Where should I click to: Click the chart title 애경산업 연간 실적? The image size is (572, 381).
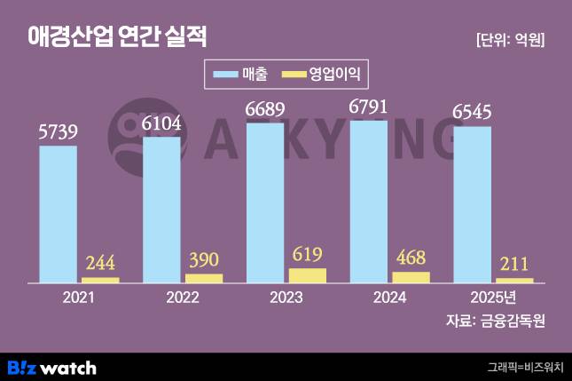coord(117,37)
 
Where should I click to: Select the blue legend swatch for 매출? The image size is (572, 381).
coord(223,73)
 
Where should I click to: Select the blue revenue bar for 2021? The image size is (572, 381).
coord(58,213)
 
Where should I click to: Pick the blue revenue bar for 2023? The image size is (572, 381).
coord(265,202)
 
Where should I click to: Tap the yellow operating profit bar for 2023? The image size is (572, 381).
coord(308,275)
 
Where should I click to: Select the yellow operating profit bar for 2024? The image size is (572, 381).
coord(411,277)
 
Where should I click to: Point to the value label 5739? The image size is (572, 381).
coord(59,132)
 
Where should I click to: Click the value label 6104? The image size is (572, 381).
coord(162,123)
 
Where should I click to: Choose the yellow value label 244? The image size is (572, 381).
coord(100,263)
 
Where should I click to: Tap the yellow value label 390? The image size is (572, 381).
coord(204,259)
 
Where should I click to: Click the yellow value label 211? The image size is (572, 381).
coord(514,264)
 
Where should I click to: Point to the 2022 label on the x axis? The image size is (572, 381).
coord(183,298)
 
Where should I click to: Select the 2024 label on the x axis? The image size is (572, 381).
coord(389,298)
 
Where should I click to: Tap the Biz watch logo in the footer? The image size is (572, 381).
coord(51,367)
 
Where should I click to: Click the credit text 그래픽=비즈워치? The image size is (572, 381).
coord(525,367)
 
